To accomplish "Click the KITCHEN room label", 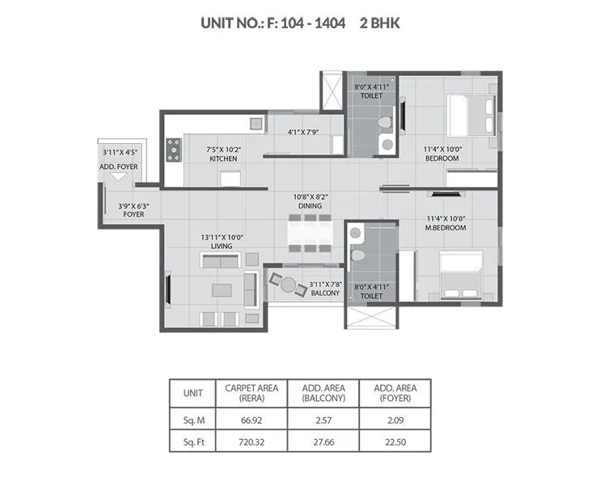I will click(223, 159).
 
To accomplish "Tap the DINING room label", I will click(310, 207).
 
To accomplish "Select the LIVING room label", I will click(222, 247).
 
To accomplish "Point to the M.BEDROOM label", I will click(446, 228).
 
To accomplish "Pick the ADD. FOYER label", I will click(119, 167).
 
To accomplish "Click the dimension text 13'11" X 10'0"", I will click(222, 237).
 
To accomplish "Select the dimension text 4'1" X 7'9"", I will click(304, 133).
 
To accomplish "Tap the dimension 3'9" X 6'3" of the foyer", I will click(133, 205).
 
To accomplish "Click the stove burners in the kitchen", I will click(173, 150).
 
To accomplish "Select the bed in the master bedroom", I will click(461, 275).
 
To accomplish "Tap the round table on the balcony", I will click(289, 283).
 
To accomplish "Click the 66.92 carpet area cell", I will click(252, 420).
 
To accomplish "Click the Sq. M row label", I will click(193, 420).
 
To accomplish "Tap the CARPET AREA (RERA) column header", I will click(252, 393).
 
